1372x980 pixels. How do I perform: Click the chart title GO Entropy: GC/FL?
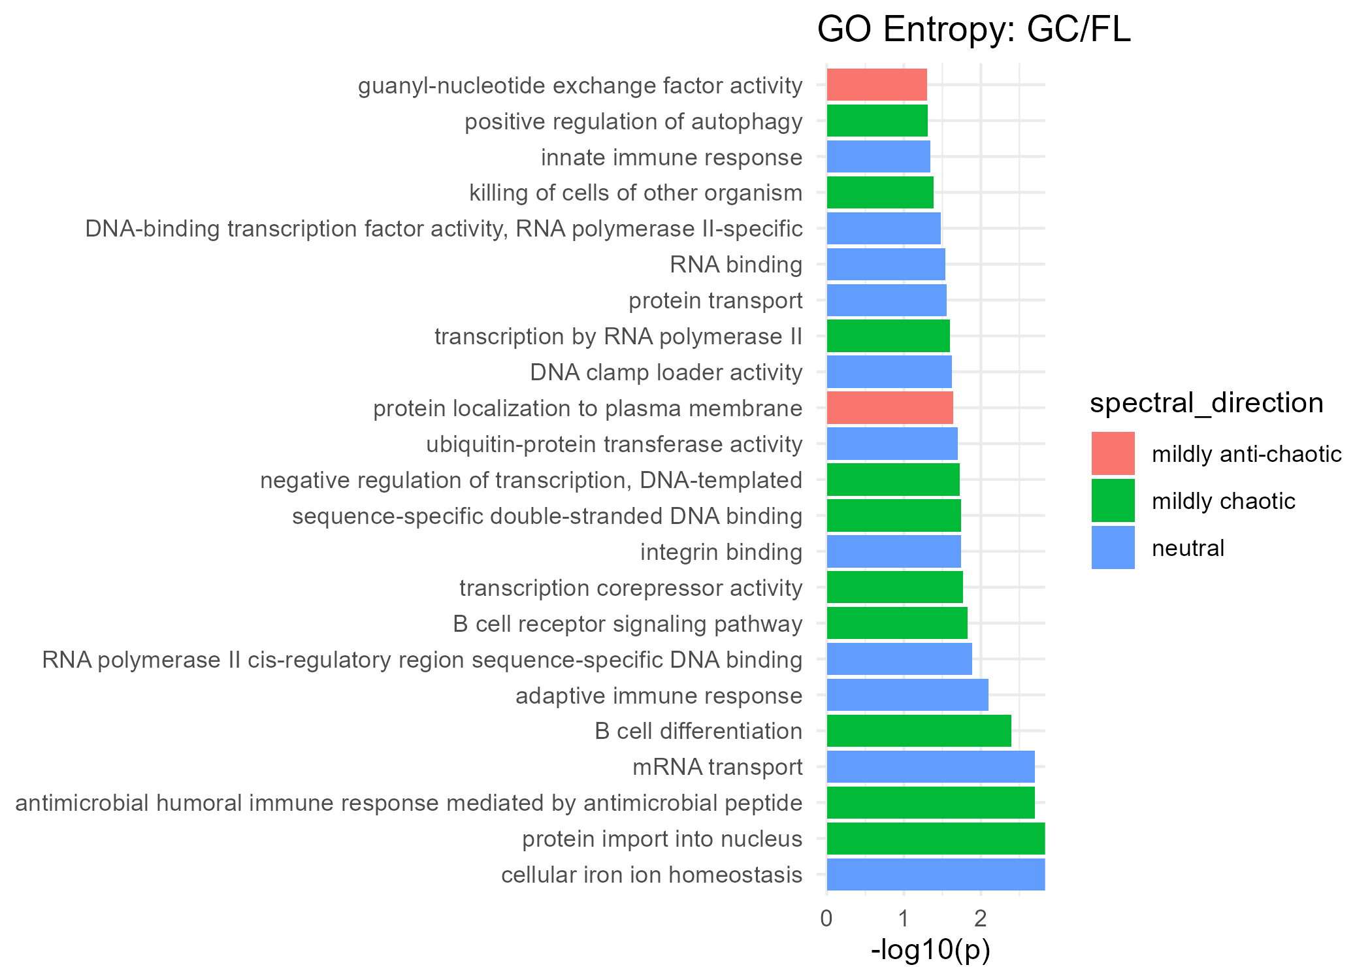click(x=973, y=30)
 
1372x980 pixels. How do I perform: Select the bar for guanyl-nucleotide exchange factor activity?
click(x=877, y=85)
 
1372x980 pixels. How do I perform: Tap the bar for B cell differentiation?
click(x=919, y=730)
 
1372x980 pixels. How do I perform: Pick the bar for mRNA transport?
click(x=930, y=766)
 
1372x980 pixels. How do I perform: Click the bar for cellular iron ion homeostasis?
click(x=936, y=874)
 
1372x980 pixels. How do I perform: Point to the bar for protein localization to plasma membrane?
click(x=890, y=408)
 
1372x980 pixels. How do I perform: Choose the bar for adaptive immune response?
click(x=907, y=694)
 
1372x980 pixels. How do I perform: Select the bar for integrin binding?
click(x=894, y=551)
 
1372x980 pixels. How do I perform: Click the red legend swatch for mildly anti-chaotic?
click(x=1113, y=453)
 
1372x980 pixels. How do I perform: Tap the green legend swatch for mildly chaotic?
click(x=1113, y=500)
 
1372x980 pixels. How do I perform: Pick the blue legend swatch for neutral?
click(x=1113, y=547)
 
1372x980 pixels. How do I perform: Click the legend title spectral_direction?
click(x=1206, y=403)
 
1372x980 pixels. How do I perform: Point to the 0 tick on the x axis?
click(x=826, y=919)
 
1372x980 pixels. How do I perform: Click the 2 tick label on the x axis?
click(x=980, y=919)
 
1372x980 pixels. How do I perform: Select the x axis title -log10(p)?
click(x=930, y=950)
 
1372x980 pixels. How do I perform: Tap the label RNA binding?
click(x=736, y=265)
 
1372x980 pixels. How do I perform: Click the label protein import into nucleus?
click(x=662, y=839)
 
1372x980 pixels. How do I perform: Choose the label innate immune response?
click(x=672, y=157)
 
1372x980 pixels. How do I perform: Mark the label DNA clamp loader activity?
click(x=666, y=372)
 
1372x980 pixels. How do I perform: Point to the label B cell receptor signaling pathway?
click(x=627, y=624)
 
